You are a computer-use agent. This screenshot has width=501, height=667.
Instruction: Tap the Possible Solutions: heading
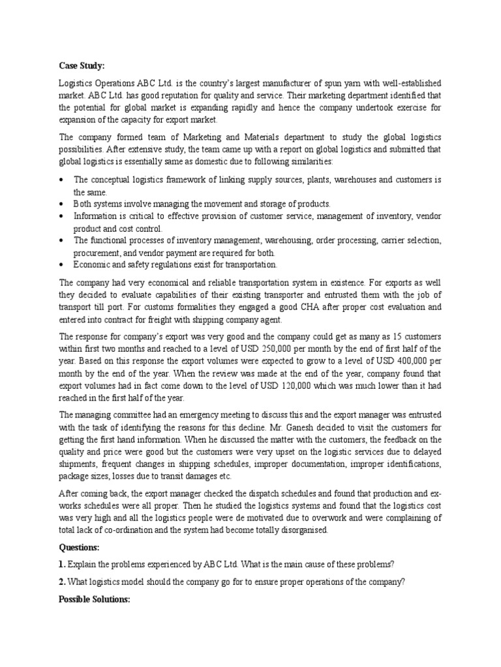(x=95, y=598)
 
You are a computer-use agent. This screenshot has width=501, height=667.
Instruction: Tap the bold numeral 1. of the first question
(x=63, y=564)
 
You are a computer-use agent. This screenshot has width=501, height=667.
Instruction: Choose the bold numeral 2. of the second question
(x=63, y=581)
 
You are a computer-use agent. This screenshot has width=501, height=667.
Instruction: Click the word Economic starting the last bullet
(x=95, y=264)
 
